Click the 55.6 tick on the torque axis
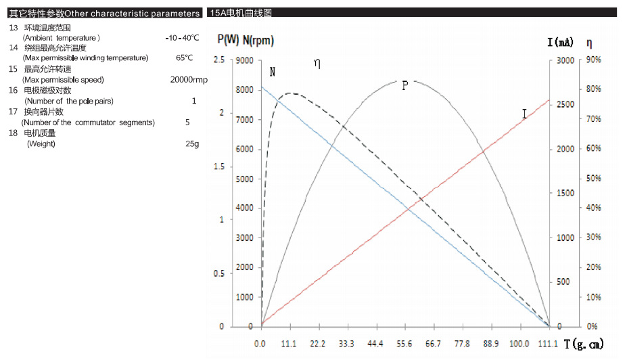pos(404,344)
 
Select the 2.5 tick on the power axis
pos(218,60)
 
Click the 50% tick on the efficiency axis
pos(593,179)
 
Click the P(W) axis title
pos(227,41)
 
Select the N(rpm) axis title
pos(258,41)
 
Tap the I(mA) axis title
pos(560,43)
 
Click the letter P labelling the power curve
pos(404,86)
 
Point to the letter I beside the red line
pos(524,114)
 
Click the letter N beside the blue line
pos(272,72)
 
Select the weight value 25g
pos(192,143)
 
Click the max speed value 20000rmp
pos(189,79)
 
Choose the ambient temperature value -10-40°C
pos(182,37)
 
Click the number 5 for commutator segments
pos(187,122)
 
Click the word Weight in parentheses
pos(41,143)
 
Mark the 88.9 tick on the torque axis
pos(491,344)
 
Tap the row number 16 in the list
pos(14,90)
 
